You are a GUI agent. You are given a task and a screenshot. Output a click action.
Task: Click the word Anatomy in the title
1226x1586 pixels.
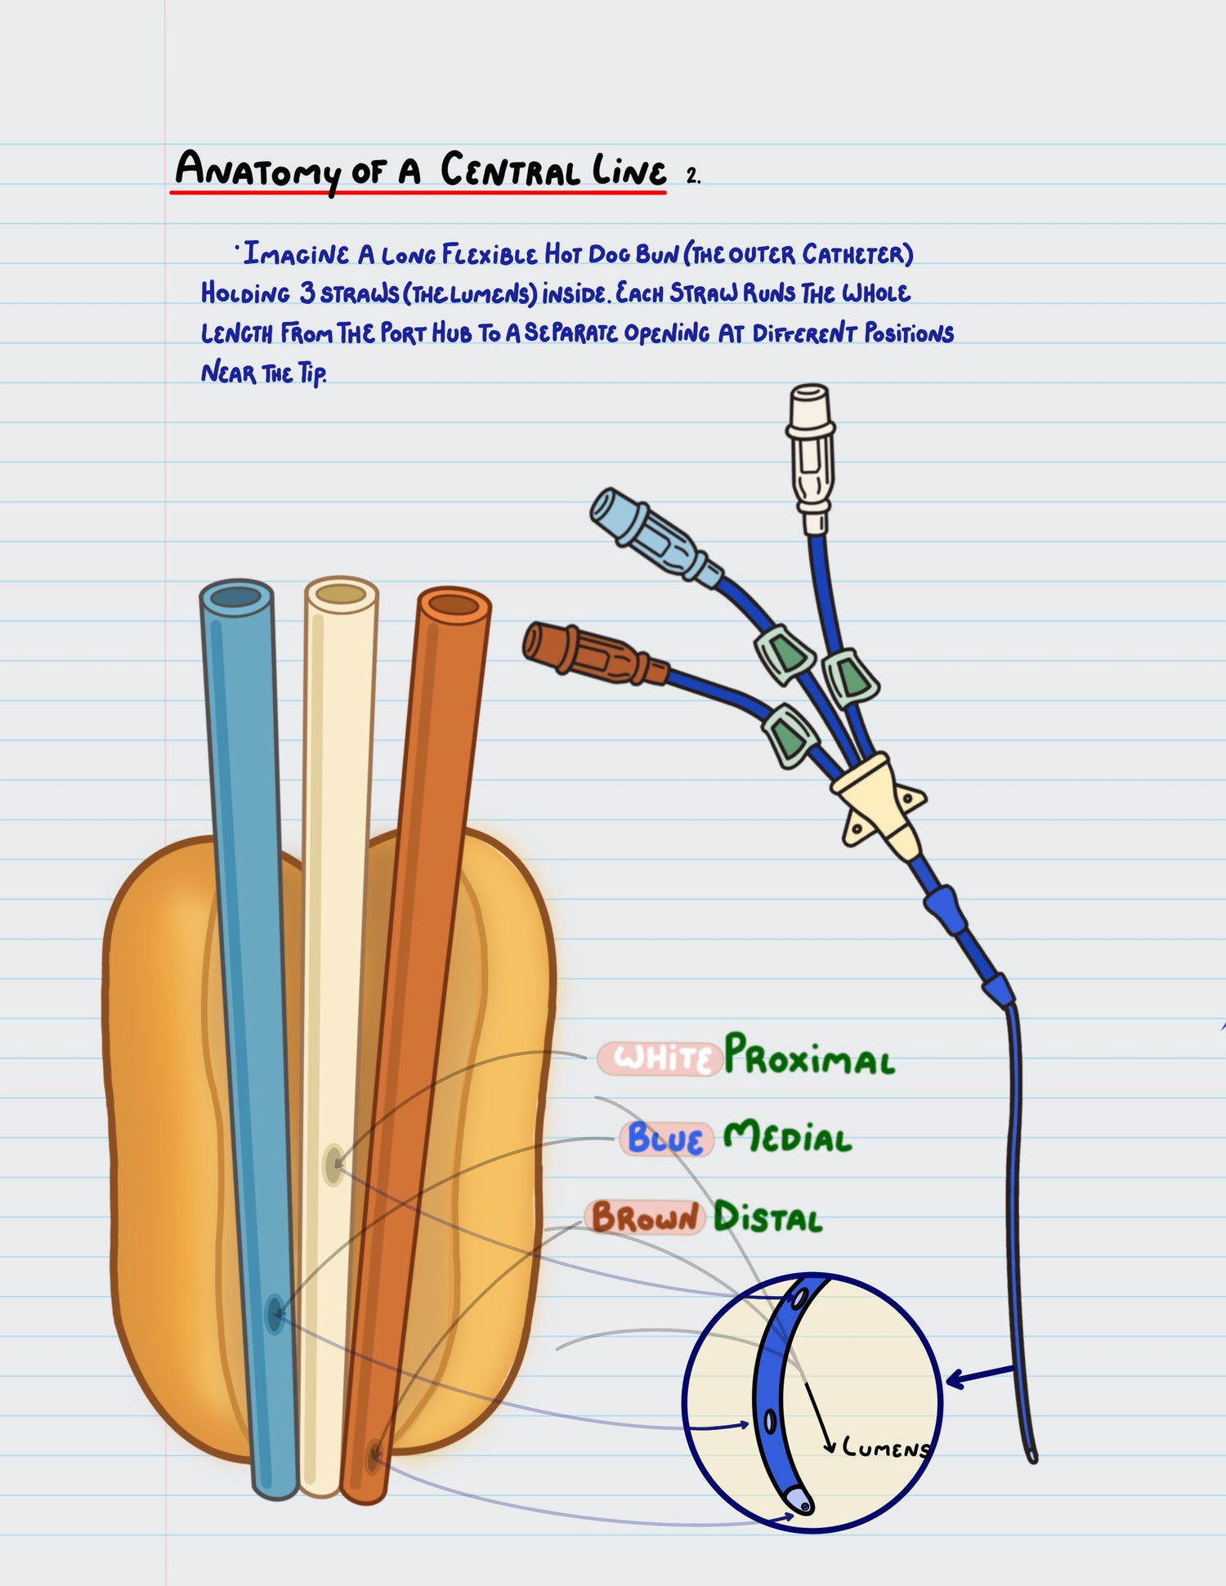257,171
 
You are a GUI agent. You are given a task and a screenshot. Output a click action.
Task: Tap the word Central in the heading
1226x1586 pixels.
510,171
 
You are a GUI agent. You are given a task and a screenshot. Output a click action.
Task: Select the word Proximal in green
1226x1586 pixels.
809,1057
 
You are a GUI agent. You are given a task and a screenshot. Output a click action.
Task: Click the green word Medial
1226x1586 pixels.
788,1137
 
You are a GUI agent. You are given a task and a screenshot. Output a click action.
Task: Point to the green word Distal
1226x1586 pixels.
767,1217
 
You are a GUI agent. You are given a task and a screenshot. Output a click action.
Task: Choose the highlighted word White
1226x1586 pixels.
660,1058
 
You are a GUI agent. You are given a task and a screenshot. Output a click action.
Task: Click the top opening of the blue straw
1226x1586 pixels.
236,597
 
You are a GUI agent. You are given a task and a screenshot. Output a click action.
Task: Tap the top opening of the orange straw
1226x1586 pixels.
454,605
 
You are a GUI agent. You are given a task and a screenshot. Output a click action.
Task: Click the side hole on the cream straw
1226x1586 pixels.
333,1164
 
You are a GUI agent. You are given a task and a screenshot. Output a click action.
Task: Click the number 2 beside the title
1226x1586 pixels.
692,176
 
